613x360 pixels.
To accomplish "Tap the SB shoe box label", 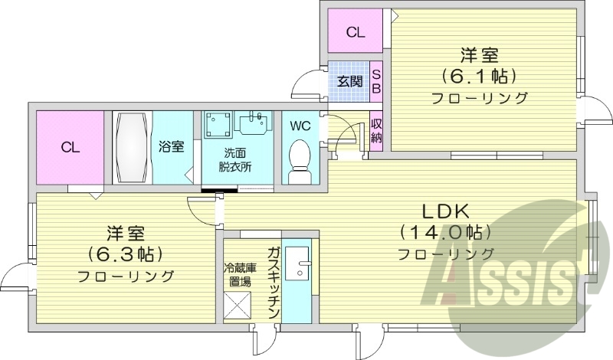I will point(376,80).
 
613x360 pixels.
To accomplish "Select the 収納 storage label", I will point(376,131).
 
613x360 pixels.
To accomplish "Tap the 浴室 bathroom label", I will point(171,147).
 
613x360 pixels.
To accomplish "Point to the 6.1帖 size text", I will point(479,76).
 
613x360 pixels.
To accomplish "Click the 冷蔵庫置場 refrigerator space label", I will point(237,274).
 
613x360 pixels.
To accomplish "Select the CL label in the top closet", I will point(355,32).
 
